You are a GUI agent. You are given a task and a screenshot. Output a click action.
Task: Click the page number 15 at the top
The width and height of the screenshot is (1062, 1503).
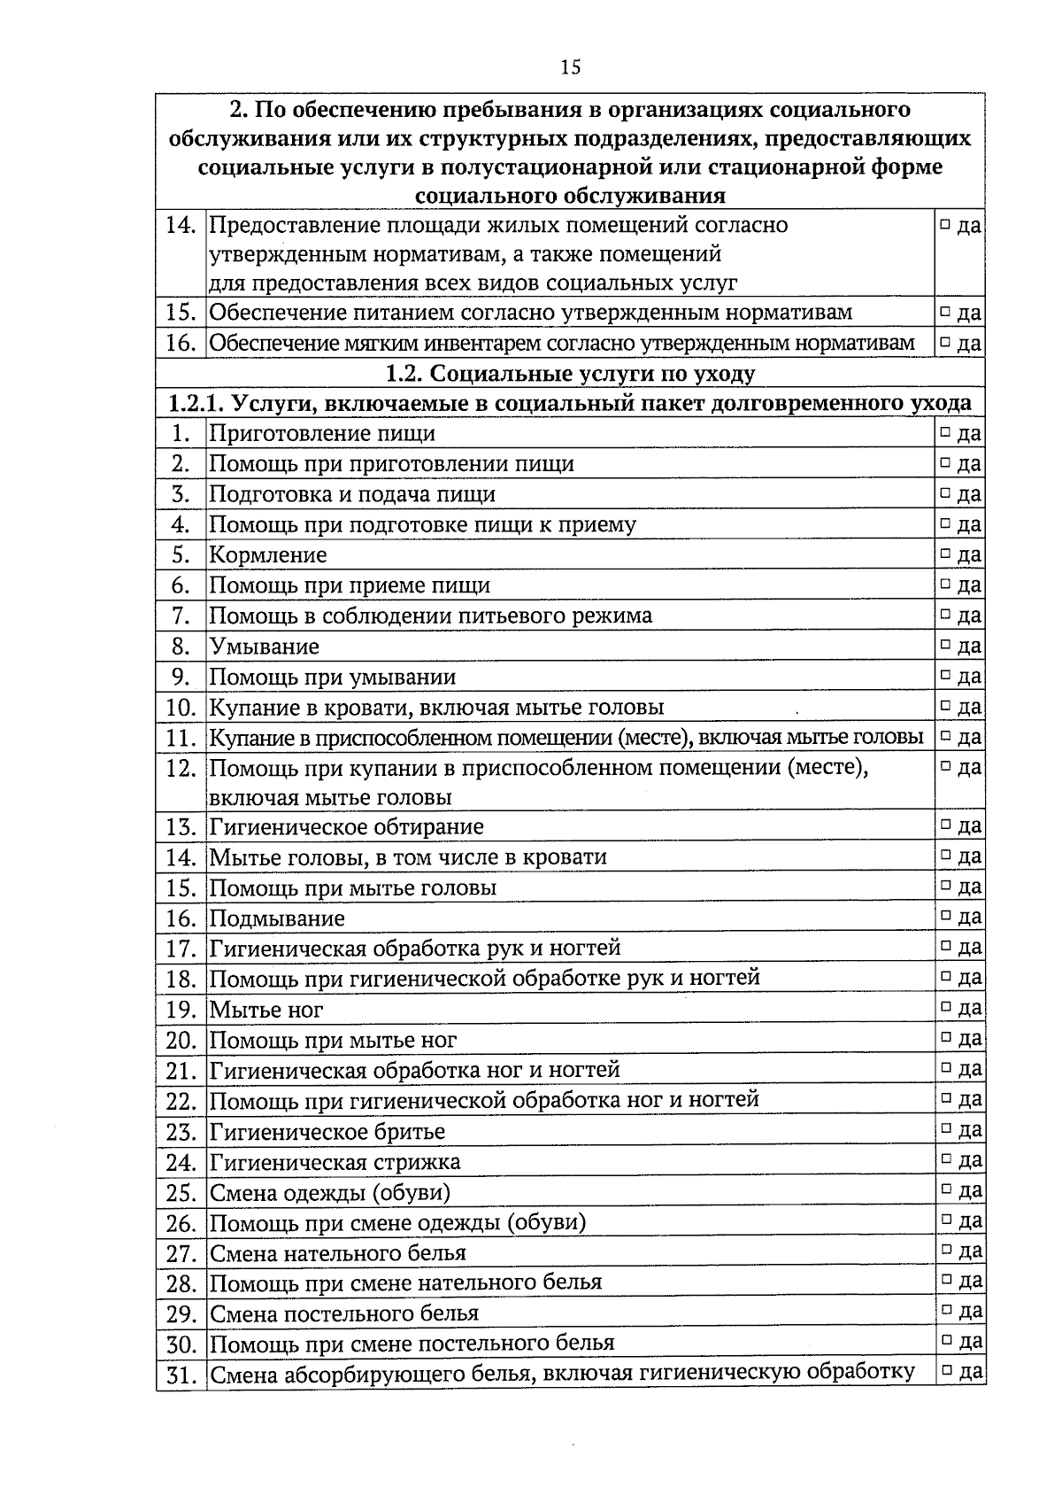coord(570,67)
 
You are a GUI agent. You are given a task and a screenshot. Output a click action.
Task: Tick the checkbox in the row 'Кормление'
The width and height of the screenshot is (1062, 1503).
coord(945,554)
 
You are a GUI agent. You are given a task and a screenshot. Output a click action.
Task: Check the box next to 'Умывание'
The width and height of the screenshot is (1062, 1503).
coord(945,645)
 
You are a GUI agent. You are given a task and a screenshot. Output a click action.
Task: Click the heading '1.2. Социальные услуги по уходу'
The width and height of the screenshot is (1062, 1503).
coord(570,373)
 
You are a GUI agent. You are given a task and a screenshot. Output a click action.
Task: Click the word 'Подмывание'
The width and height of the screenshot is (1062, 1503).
coord(277,918)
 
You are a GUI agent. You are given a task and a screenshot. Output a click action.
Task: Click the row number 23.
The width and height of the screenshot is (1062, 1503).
coord(181,1131)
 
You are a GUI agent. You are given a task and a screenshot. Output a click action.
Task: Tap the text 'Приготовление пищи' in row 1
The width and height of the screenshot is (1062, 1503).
coord(322,433)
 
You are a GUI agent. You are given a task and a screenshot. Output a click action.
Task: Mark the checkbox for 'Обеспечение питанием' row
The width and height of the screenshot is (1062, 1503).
coord(945,312)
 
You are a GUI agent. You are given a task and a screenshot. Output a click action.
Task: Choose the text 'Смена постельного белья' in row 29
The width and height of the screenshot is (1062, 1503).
coord(344,1313)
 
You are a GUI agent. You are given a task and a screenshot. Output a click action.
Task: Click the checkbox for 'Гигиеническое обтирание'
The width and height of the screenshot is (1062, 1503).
coord(945,825)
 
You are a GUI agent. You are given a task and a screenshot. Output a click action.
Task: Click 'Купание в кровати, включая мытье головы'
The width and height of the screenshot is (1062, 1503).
coord(436,707)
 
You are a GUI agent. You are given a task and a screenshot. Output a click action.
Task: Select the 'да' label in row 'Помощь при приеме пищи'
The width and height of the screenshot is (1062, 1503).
coord(969,585)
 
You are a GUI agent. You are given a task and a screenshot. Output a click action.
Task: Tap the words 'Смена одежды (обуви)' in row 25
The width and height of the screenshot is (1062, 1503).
coord(330,1192)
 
